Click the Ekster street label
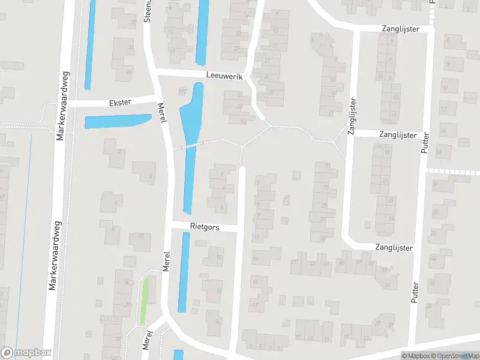[x=121, y=103]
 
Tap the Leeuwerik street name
[x=223, y=77]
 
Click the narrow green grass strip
[x=144, y=300]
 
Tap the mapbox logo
[x=26, y=352]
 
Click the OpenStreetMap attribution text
[x=454, y=356]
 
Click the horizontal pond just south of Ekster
[x=117, y=121]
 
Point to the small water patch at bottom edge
[x=178, y=355]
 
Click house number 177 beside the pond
[x=182, y=92]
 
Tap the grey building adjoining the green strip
[x=123, y=294]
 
